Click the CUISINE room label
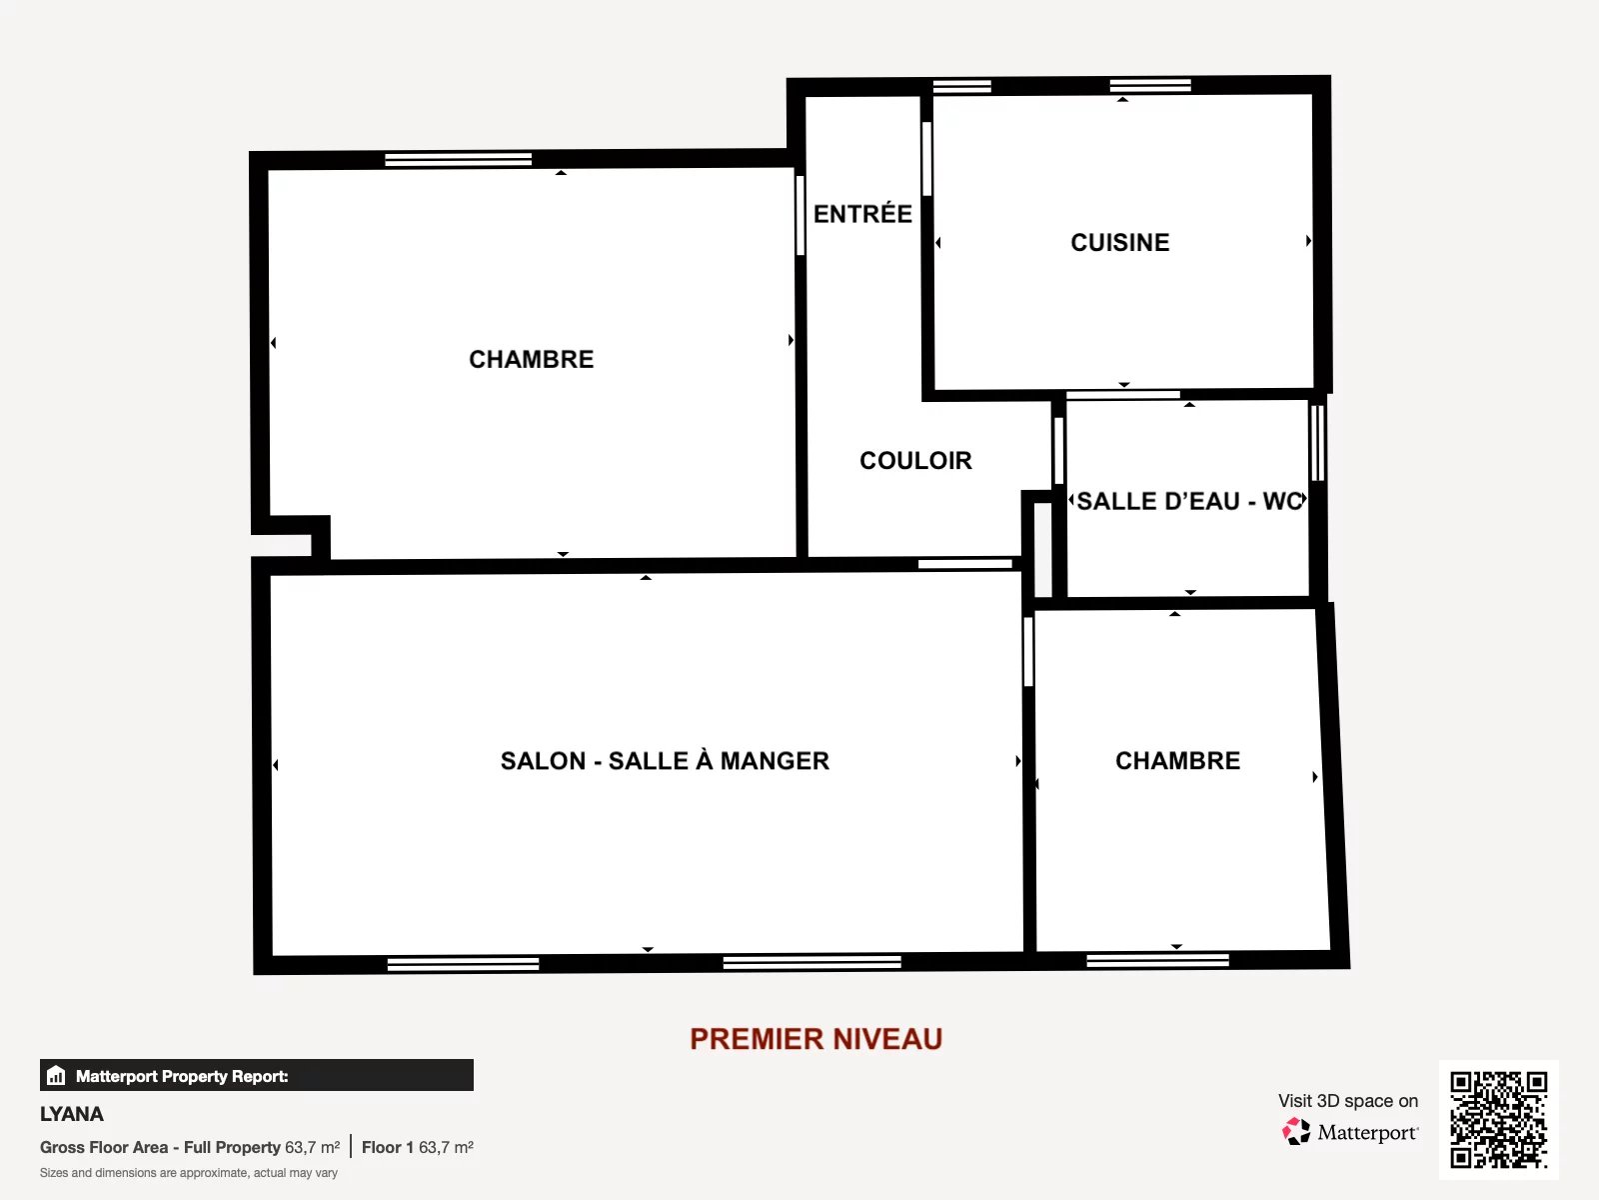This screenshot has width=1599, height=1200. tap(1119, 243)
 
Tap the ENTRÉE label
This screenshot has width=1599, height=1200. tap(862, 213)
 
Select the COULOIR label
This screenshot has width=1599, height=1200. tap(915, 460)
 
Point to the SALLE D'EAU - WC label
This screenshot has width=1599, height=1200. tap(1190, 501)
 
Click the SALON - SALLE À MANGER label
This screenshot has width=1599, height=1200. tap(665, 760)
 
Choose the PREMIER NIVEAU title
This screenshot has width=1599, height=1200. tap(815, 1039)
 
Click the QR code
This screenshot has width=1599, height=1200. tap(1498, 1120)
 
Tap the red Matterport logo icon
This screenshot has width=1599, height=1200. tap(1296, 1132)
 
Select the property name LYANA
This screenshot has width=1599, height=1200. tap(71, 1114)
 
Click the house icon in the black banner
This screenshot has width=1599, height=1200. tap(56, 1075)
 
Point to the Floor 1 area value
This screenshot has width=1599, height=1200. tap(446, 1148)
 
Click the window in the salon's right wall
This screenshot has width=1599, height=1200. tap(1028, 651)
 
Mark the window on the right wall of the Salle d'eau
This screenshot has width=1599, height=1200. tap(1317, 443)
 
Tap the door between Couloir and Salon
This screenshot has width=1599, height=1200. tap(964, 563)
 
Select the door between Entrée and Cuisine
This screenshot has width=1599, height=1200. tap(926, 158)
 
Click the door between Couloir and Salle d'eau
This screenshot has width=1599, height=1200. tap(1058, 450)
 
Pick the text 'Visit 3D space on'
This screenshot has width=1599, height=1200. tap(1348, 1101)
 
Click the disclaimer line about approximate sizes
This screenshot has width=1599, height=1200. tap(189, 1173)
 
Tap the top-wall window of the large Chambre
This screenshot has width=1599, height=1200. tap(458, 160)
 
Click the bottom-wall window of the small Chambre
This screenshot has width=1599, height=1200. tap(1157, 960)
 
